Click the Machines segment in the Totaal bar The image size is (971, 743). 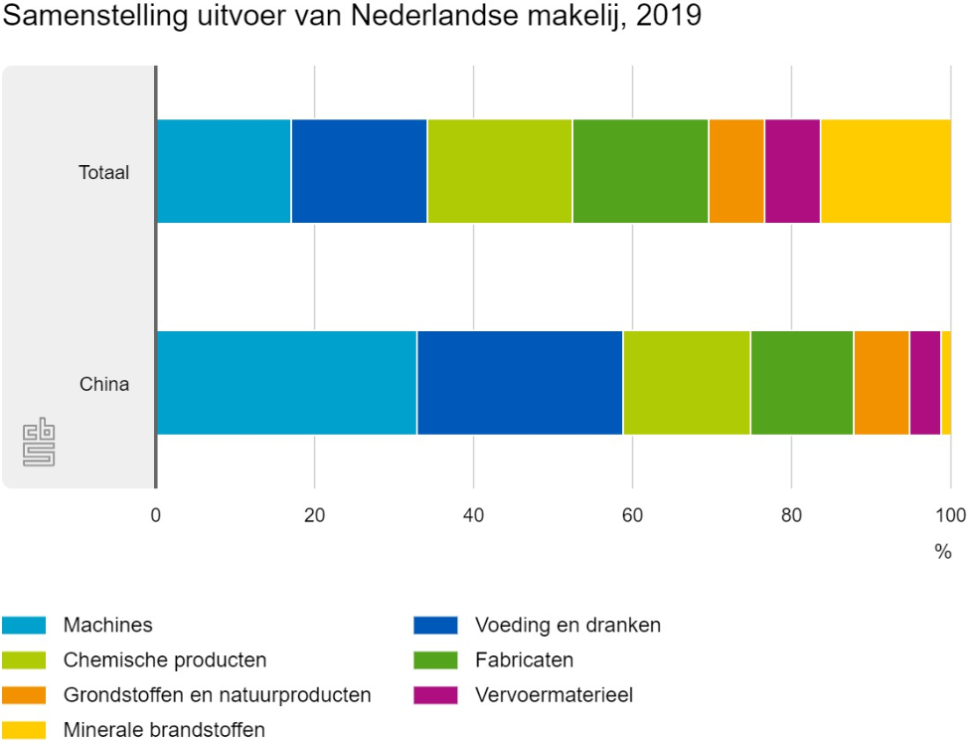(224, 171)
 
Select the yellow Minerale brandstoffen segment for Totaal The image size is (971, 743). (886, 171)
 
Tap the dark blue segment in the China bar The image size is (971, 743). (520, 383)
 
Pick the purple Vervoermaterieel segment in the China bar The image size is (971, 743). (924, 383)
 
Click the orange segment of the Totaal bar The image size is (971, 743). (736, 171)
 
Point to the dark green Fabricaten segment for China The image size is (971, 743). (802, 383)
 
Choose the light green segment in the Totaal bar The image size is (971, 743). (500, 171)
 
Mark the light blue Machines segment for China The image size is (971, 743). (286, 383)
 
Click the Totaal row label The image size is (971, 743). (104, 172)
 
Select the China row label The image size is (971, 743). (104, 383)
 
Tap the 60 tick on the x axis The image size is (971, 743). (632, 515)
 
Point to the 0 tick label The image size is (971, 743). (156, 515)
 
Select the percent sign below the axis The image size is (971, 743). (942, 552)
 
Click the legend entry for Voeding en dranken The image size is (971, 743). (567, 626)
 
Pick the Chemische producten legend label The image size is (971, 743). (165, 660)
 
